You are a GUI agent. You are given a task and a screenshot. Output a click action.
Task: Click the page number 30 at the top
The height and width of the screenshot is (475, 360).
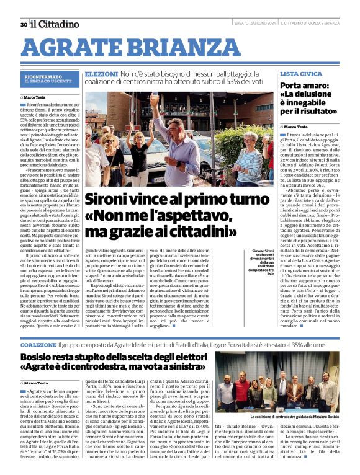pos(23,24)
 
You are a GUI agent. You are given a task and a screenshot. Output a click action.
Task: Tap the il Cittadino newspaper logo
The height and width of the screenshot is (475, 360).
pos(55,24)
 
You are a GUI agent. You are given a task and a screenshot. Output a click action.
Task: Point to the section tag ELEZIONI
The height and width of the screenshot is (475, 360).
pos(97,73)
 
